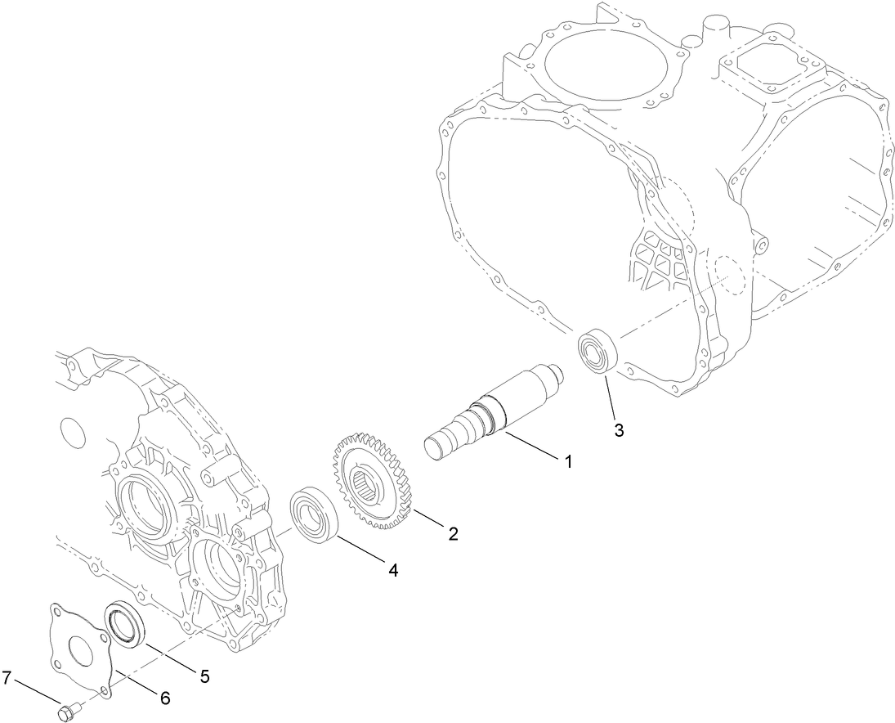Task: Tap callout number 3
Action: (x=619, y=430)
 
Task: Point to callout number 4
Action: (x=393, y=571)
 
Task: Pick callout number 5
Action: (x=204, y=676)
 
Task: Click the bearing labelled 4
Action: (x=314, y=514)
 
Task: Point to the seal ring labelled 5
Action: (x=125, y=624)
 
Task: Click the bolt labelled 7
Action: (x=67, y=712)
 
